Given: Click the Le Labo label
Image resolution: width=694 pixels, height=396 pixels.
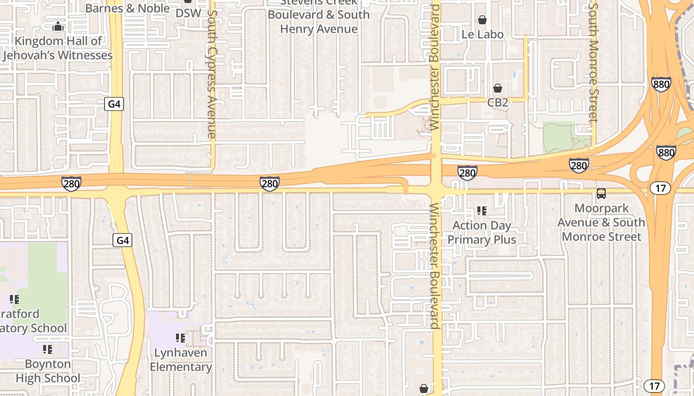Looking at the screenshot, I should (482, 34).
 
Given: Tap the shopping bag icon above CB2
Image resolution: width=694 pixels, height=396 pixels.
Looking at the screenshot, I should (497, 88).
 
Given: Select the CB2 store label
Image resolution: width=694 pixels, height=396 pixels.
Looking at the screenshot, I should (498, 102).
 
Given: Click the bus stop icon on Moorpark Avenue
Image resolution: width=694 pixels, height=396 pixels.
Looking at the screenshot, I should (601, 194).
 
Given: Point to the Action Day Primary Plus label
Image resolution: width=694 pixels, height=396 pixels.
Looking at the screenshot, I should (482, 233).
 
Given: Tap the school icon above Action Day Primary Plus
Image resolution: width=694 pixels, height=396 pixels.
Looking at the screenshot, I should (481, 211).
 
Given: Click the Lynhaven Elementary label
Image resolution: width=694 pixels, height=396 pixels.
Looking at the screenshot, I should (181, 360).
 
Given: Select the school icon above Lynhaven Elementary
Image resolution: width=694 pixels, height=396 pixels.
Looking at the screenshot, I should (180, 338).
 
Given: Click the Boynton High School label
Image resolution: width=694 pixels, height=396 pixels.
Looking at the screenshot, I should (48, 371).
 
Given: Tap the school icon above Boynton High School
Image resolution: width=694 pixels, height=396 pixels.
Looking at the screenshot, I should (48, 349).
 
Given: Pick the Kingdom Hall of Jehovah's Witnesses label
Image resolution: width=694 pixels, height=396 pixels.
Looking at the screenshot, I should (58, 48).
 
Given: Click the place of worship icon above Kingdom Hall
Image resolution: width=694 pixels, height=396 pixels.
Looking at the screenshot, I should (58, 26).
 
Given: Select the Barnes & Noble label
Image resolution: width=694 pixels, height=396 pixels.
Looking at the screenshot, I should (127, 8).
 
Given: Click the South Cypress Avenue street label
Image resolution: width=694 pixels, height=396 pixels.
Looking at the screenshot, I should (212, 74).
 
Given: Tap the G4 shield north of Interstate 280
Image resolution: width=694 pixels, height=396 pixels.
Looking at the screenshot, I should (114, 104).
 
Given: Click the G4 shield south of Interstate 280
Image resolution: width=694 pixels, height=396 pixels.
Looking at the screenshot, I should (123, 241).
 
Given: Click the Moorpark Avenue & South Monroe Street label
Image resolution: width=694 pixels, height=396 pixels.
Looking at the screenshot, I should (601, 222).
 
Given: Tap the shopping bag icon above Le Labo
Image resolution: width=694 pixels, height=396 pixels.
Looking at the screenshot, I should (482, 20).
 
